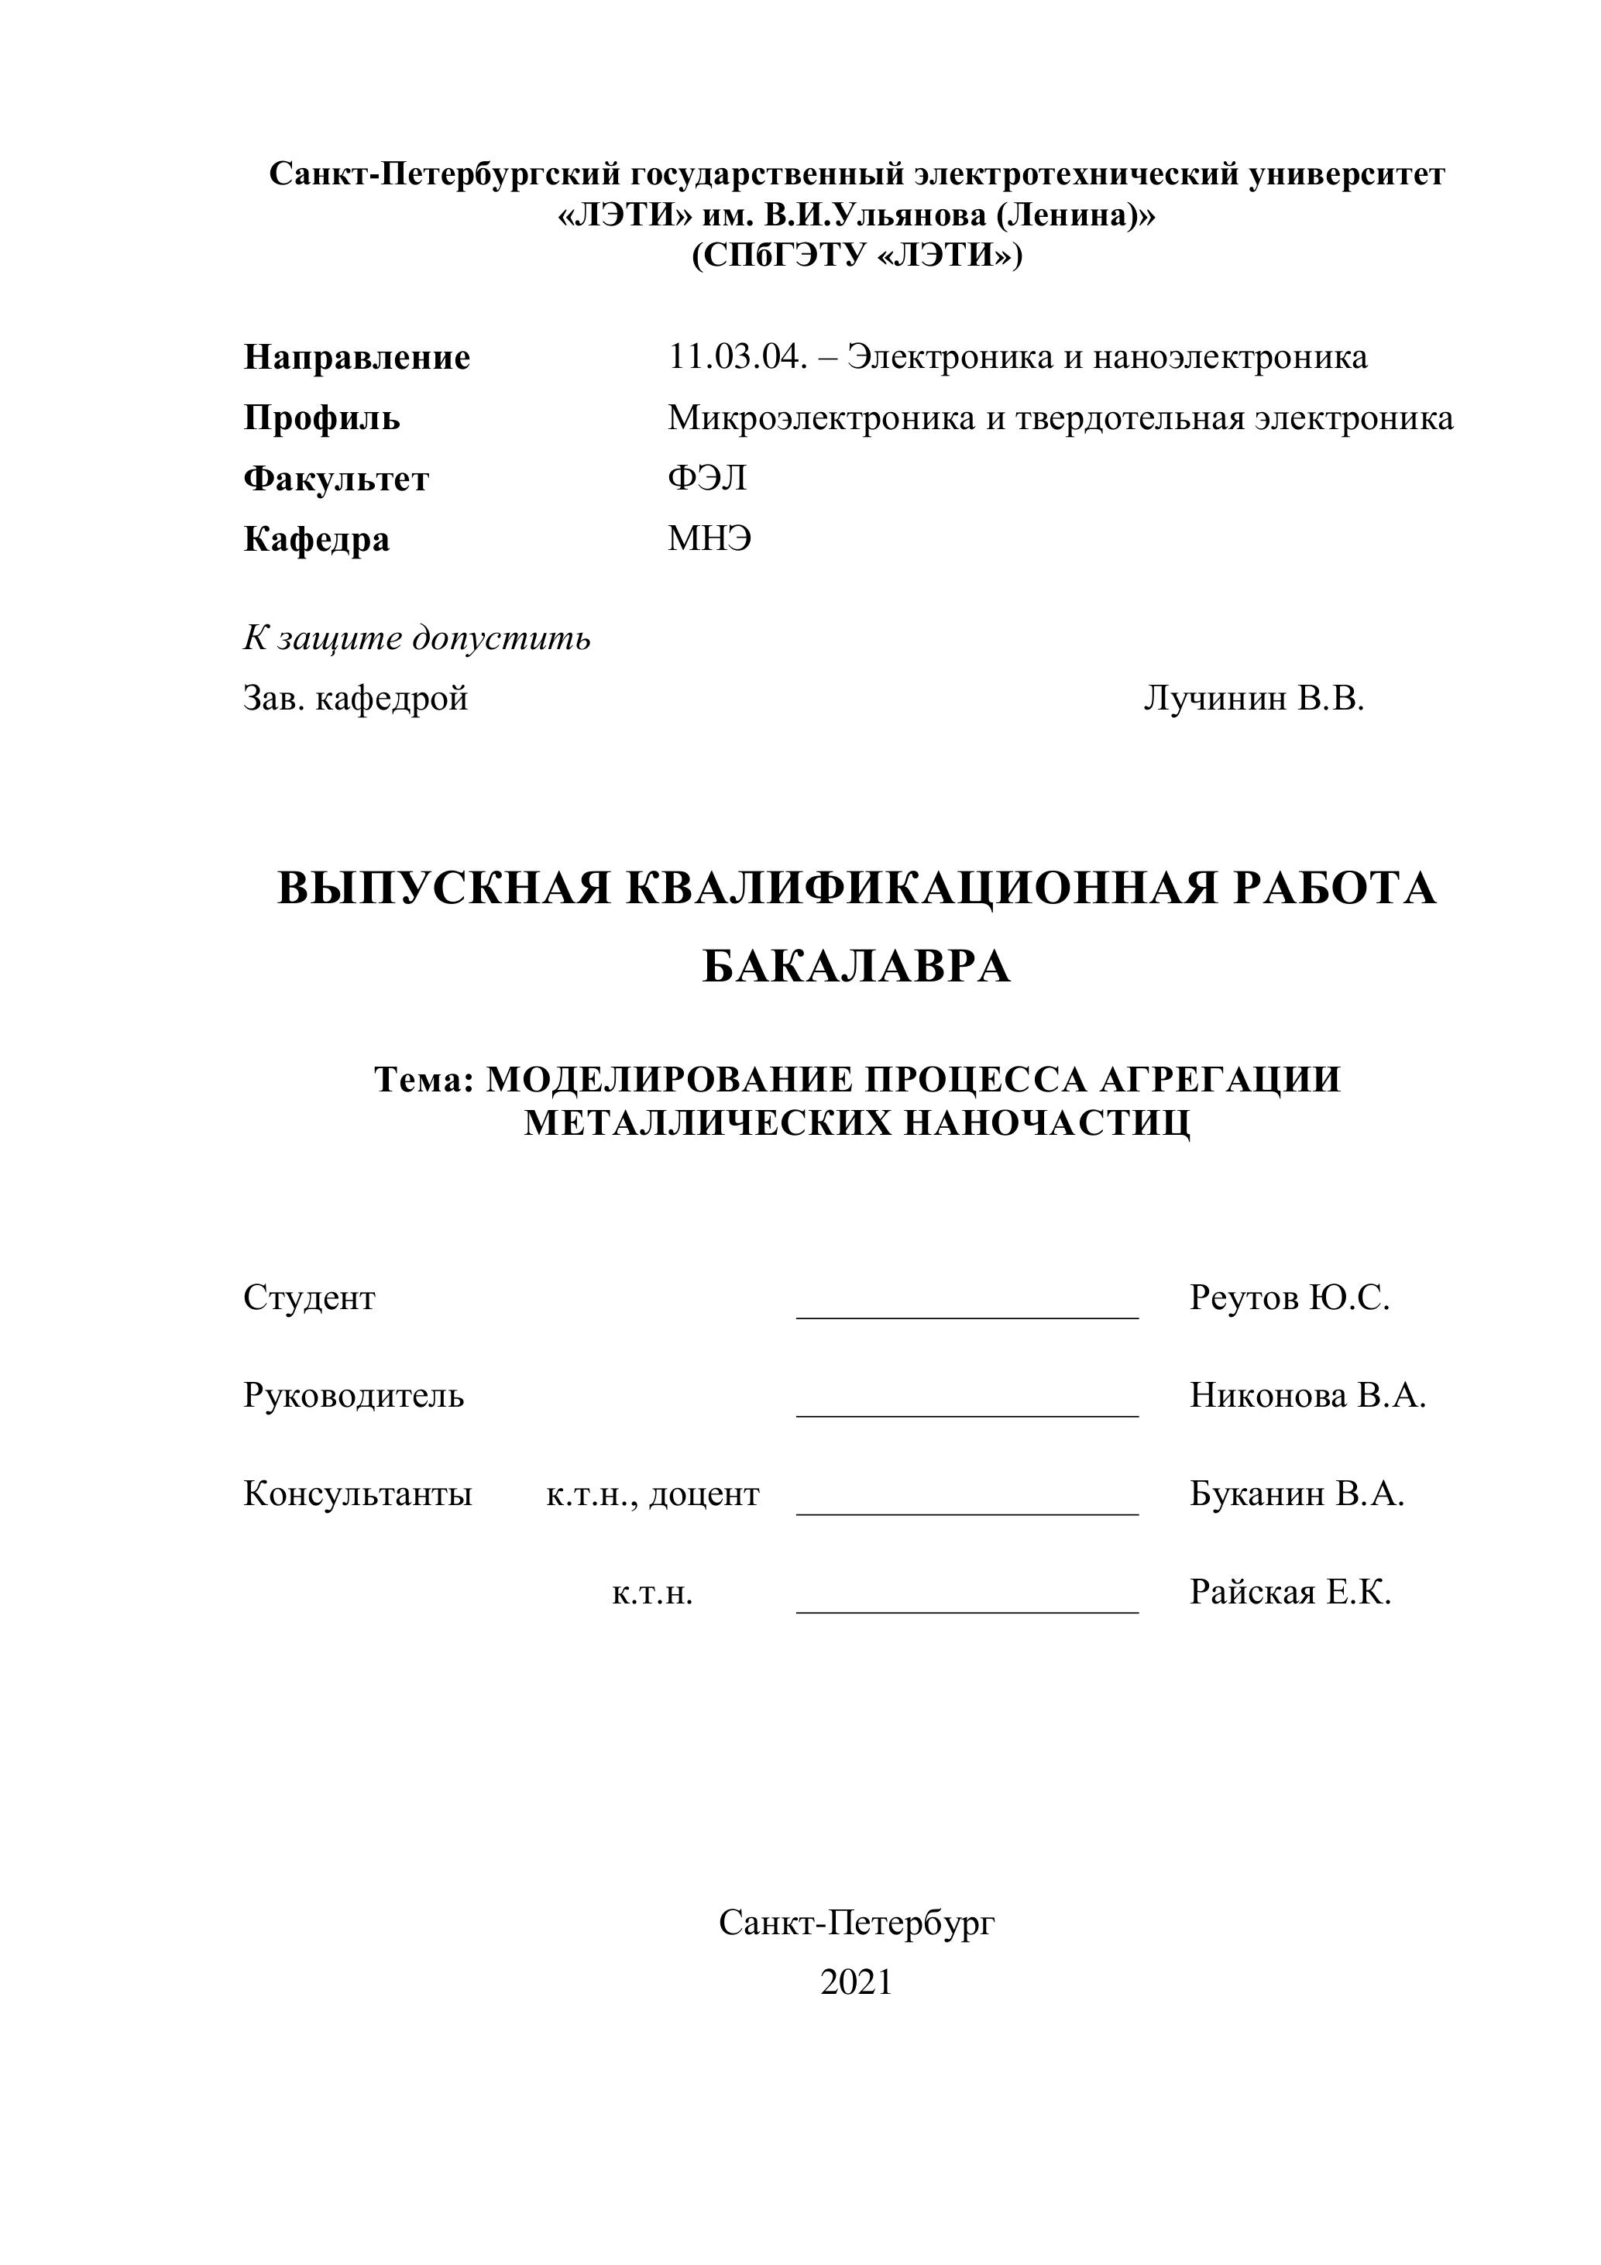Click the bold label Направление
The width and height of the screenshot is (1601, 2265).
pyautogui.click(x=356, y=357)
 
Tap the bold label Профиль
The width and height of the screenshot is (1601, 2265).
pyautogui.click(x=321, y=418)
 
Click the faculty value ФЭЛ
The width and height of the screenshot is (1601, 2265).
pyautogui.click(x=706, y=479)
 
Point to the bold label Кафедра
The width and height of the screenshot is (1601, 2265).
pyautogui.click(x=316, y=540)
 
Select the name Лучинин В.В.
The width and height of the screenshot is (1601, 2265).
pyautogui.click(x=1254, y=699)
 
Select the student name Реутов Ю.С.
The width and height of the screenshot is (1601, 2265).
pyautogui.click(x=1290, y=1298)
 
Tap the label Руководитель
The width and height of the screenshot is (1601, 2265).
pyautogui.click(x=353, y=1396)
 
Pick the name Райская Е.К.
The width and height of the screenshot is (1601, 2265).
pyautogui.click(x=1290, y=1592)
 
